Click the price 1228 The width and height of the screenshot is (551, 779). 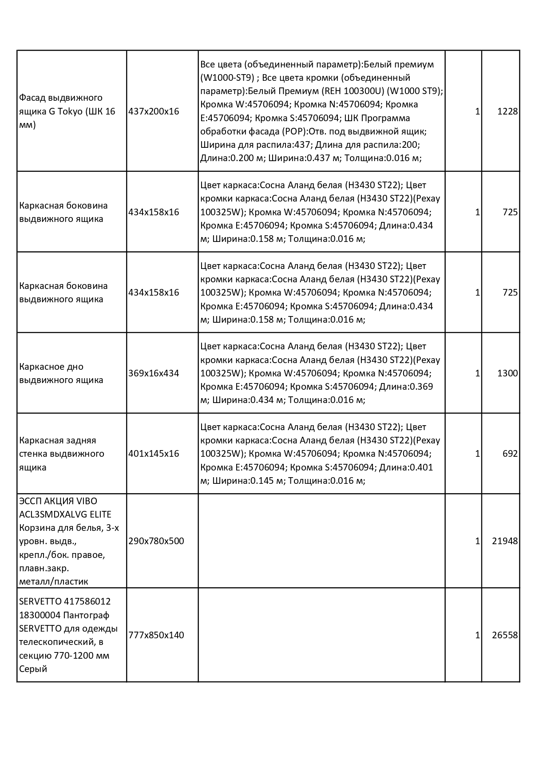click(507, 111)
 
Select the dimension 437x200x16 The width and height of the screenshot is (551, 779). click(154, 111)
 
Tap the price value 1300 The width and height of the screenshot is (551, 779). click(507, 373)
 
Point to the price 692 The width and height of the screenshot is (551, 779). click(510, 454)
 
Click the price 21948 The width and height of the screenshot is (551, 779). click(505, 541)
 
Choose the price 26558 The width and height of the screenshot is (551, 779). click(505, 635)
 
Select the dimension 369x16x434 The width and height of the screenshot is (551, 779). click(154, 373)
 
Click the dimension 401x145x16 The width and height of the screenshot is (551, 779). click(154, 454)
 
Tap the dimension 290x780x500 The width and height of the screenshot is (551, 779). click(156, 541)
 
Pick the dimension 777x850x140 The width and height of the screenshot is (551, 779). click(156, 635)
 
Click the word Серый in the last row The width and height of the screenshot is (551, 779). click(33, 669)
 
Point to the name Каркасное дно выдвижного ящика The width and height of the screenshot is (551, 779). click(61, 373)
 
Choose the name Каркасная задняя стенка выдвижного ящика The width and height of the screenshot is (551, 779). click(62, 454)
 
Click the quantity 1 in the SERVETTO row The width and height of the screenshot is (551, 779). click(477, 635)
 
